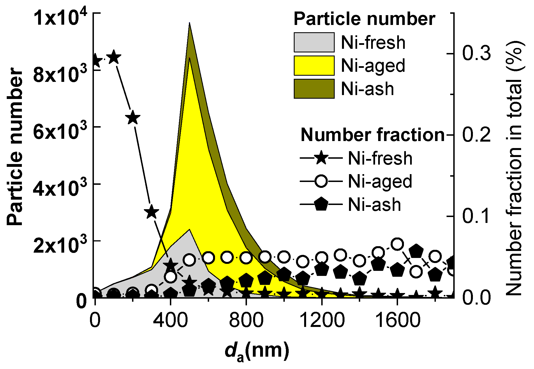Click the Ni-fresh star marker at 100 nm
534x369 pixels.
point(114,57)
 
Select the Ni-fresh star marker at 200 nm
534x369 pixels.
point(133,118)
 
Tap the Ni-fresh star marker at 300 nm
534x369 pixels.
point(152,212)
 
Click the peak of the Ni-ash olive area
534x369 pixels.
point(190,24)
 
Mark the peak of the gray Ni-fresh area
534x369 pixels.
point(190,230)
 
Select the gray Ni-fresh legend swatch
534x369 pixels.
point(314,42)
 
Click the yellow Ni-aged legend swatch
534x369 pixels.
point(314,66)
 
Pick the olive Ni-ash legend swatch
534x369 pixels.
point(314,89)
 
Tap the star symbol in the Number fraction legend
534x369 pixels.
point(321,158)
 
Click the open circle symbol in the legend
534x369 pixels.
point(321,181)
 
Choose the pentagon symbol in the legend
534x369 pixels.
point(321,204)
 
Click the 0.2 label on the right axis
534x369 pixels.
point(477,135)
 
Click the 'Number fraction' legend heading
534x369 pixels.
point(373,135)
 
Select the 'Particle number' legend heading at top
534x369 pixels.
point(364,19)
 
